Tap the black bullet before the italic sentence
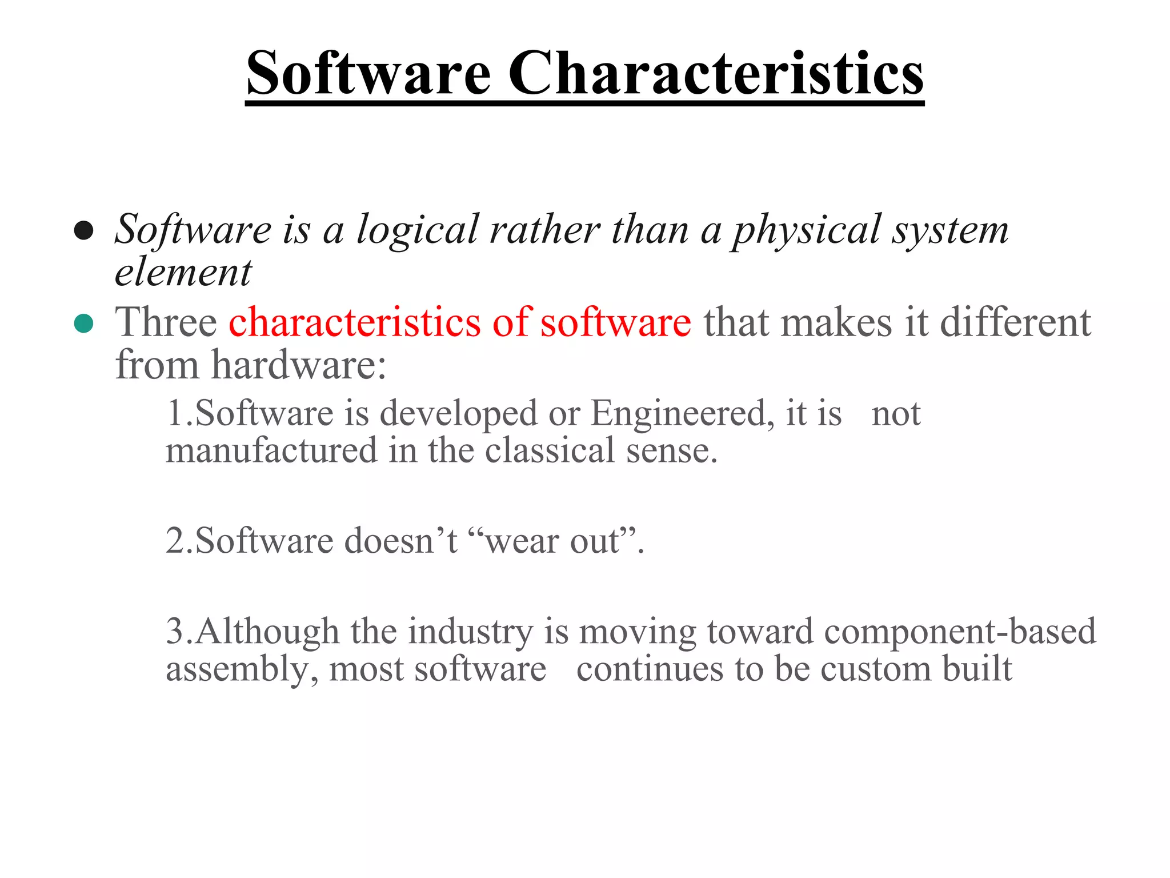(84, 230)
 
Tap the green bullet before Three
(84, 324)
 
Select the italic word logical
(418, 230)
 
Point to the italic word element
(183, 273)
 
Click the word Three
(166, 322)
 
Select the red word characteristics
(354, 322)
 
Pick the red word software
(615, 322)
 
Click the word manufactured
(271, 450)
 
